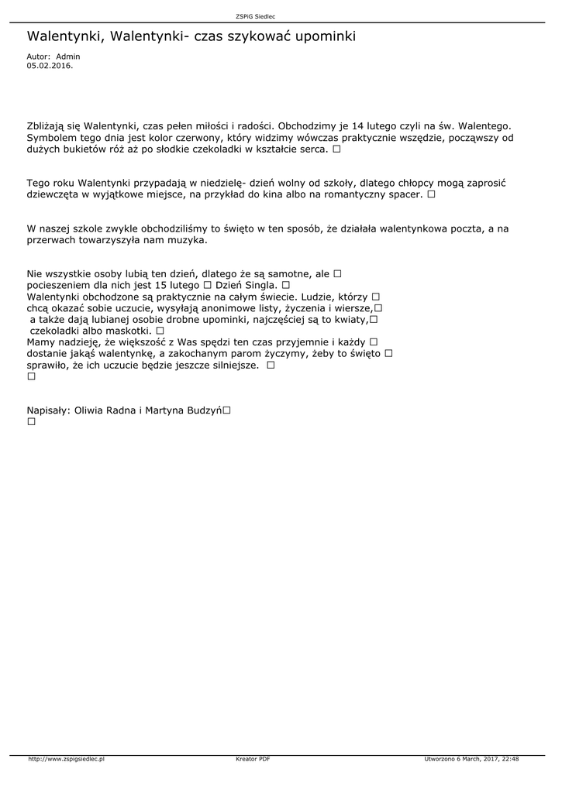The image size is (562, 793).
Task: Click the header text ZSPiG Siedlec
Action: (x=255, y=15)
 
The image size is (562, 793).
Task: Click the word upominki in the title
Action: (x=321, y=36)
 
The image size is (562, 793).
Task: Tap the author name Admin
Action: (x=68, y=57)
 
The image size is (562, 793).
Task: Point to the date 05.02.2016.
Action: (x=50, y=66)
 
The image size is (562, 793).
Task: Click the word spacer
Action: (x=405, y=195)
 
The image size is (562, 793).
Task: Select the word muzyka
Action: (x=189, y=240)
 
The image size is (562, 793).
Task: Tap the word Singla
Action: (x=261, y=286)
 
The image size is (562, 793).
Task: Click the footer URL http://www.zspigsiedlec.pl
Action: (x=67, y=759)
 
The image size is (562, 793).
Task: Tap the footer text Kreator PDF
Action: (x=253, y=759)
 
